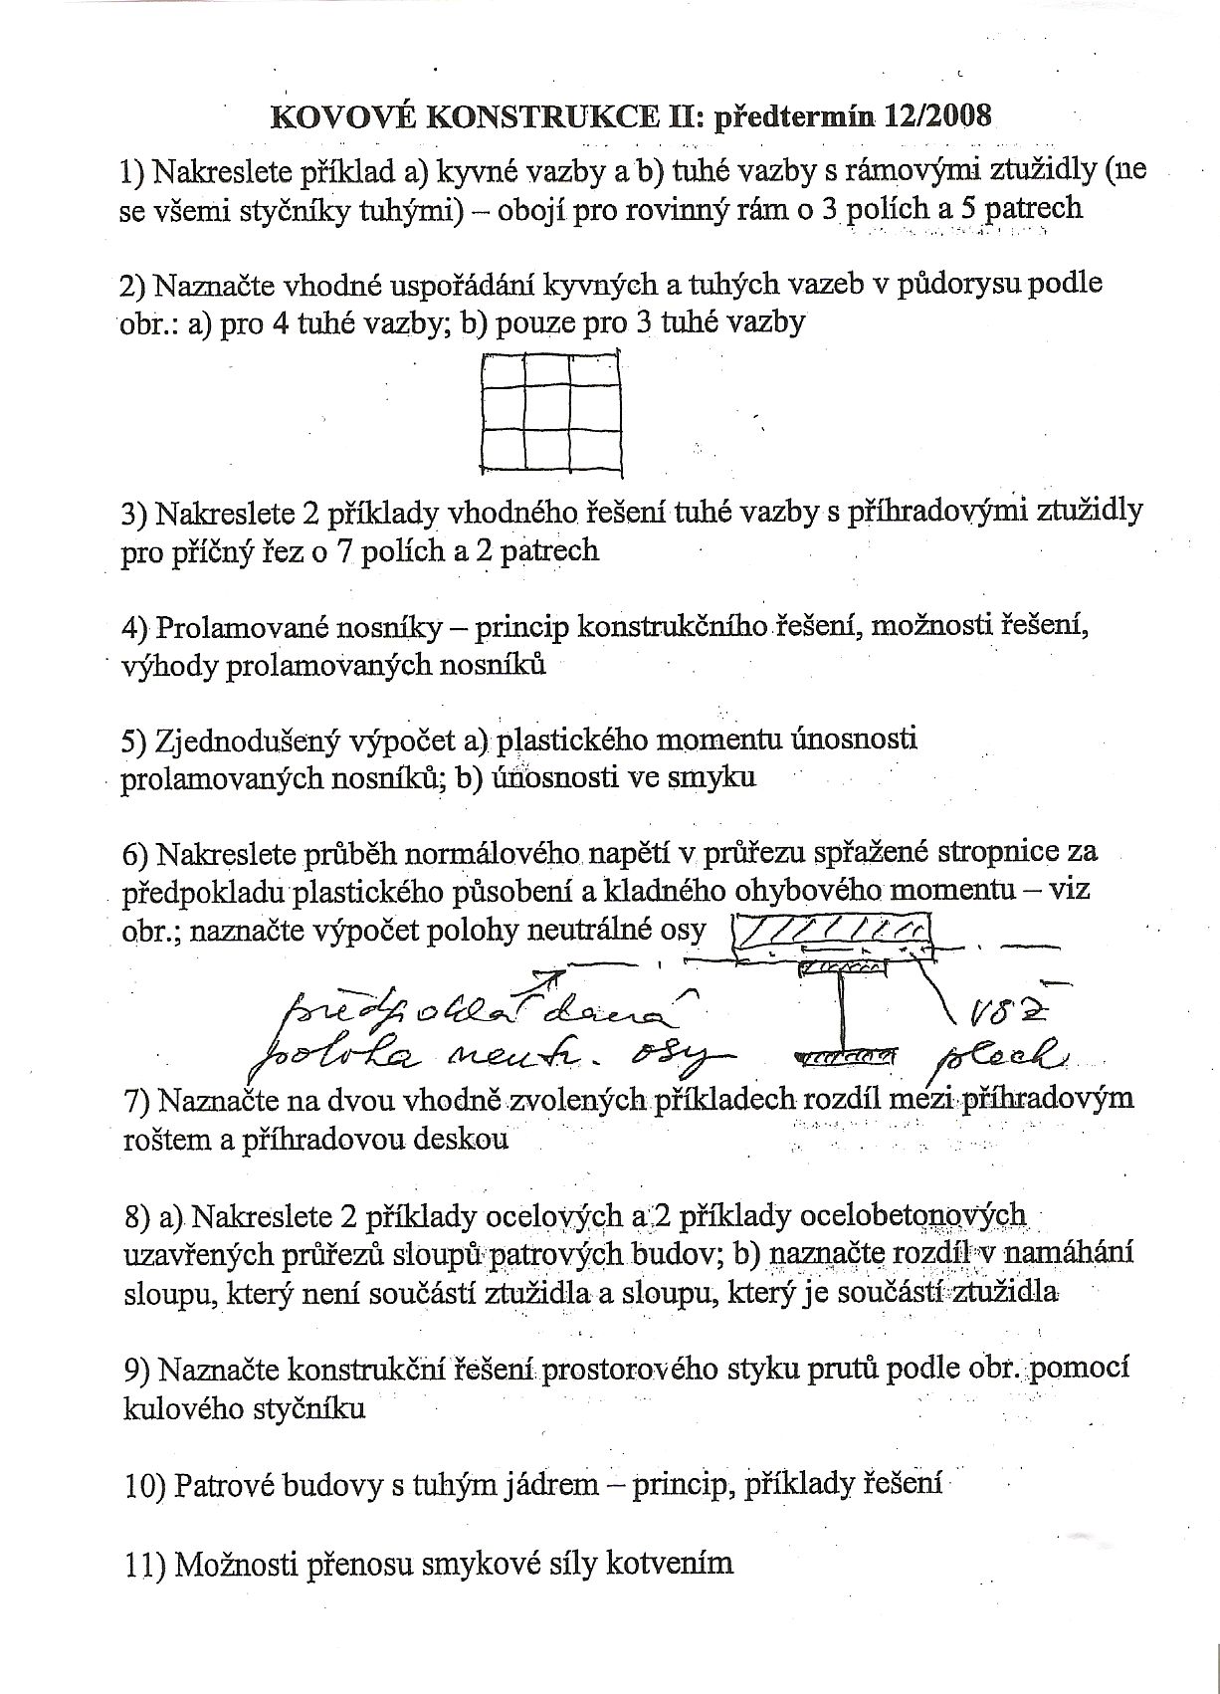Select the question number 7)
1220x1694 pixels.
[134, 1101]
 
